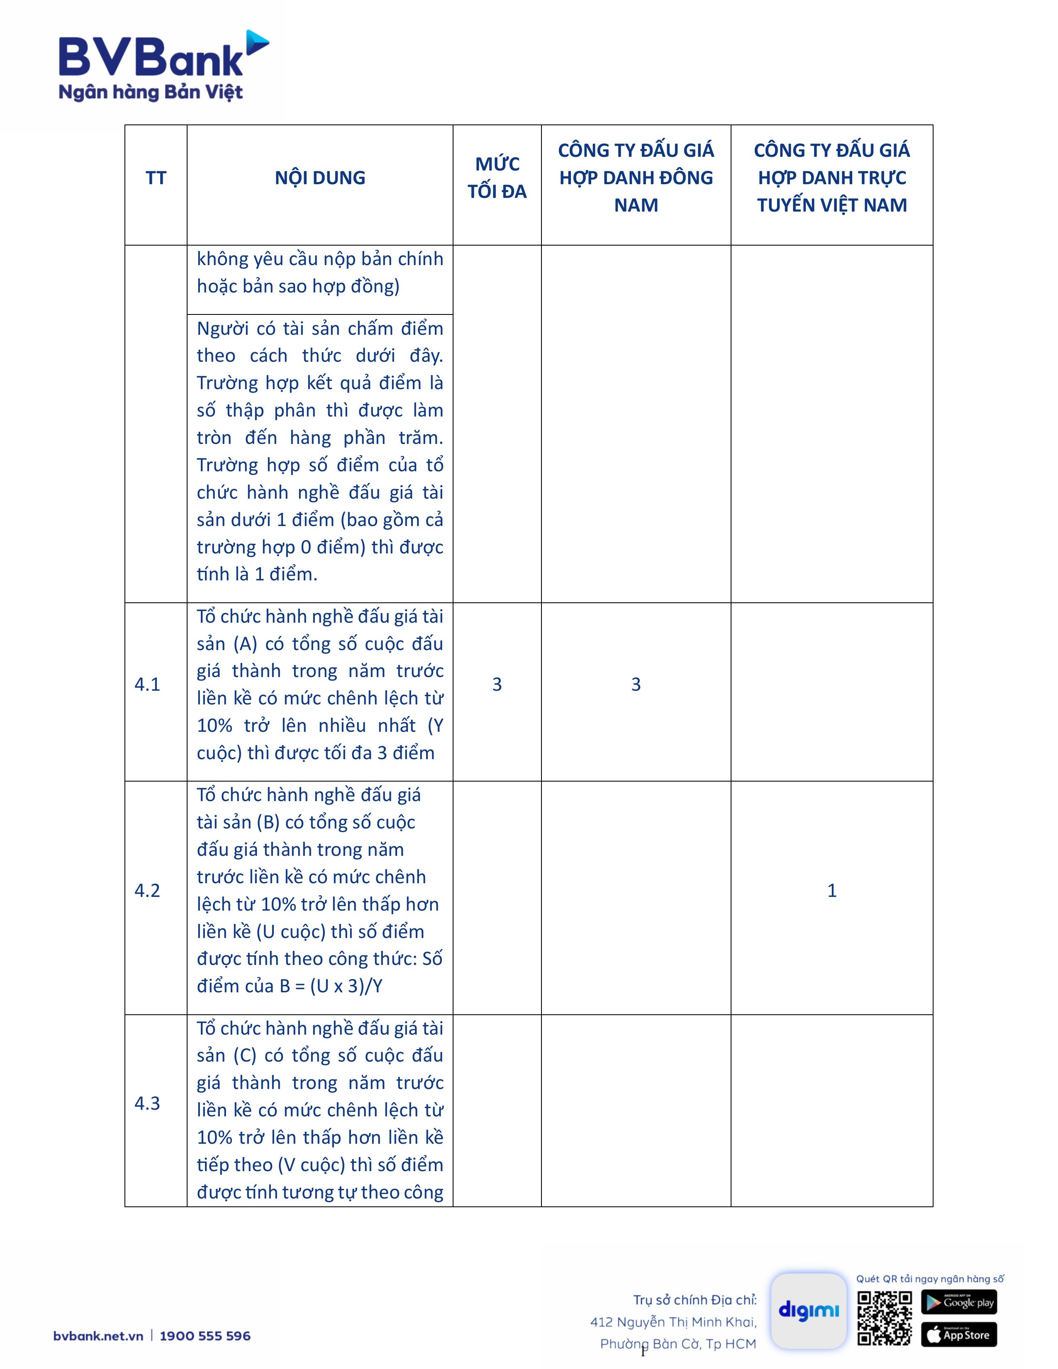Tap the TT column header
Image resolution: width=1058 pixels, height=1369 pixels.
pos(156,178)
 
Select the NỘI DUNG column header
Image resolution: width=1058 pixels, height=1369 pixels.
pos(319,178)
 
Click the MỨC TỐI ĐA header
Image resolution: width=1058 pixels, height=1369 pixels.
pos(497,178)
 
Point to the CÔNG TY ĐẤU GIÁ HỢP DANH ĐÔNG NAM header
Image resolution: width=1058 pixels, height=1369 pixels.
pos(636,178)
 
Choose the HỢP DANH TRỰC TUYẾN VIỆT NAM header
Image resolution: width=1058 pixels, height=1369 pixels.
pos(832,178)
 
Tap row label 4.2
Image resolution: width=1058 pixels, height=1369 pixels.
pos(147,891)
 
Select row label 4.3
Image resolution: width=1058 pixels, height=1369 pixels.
pos(147,1103)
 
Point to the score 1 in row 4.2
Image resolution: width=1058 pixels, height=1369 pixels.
pos(832,891)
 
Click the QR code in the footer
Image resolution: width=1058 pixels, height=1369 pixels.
pos(885,1318)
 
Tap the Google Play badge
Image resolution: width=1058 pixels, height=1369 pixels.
pos(958,1302)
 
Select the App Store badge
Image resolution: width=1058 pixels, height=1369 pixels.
pos(958,1335)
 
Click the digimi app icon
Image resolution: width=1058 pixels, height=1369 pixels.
pos(809,1311)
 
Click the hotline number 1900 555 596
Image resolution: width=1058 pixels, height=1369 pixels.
pos(205,1336)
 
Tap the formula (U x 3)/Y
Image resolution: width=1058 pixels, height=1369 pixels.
pos(346,986)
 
